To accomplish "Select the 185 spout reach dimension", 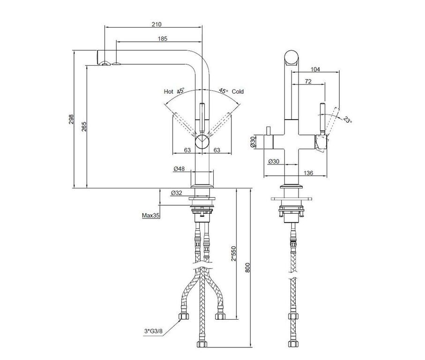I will (x=163, y=38).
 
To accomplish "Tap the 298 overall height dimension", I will (x=70, y=120).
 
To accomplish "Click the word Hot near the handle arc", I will (x=169, y=91).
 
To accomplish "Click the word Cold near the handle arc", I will (x=238, y=92).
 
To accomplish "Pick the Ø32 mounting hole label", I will (x=177, y=193).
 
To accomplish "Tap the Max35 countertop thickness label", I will (x=151, y=216).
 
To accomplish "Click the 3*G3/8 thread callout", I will (x=154, y=331).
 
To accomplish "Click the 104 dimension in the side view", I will (x=315, y=69).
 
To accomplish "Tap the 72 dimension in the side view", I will (x=308, y=82).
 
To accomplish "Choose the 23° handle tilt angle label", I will (x=347, y=120).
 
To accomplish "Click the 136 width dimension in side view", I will (x=308, y=173).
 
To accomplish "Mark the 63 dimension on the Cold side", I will (x=217, y=150).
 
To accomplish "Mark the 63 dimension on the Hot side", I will (x=187, y=150).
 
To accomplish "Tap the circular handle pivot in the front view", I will (x=203, y=141).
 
